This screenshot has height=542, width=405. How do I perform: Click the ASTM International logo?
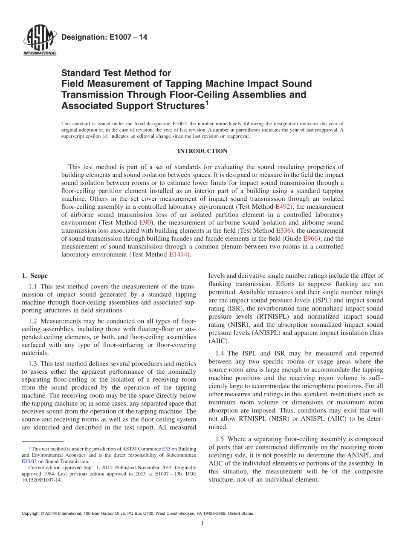(x=39, y=41)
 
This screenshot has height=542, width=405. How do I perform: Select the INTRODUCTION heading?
(x=202, y=151)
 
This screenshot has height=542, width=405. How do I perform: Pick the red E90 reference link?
(x=146, y=223)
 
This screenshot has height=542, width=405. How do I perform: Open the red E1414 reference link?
(x=178, y=255)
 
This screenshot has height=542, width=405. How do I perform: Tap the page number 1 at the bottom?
(x=202, y=524)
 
